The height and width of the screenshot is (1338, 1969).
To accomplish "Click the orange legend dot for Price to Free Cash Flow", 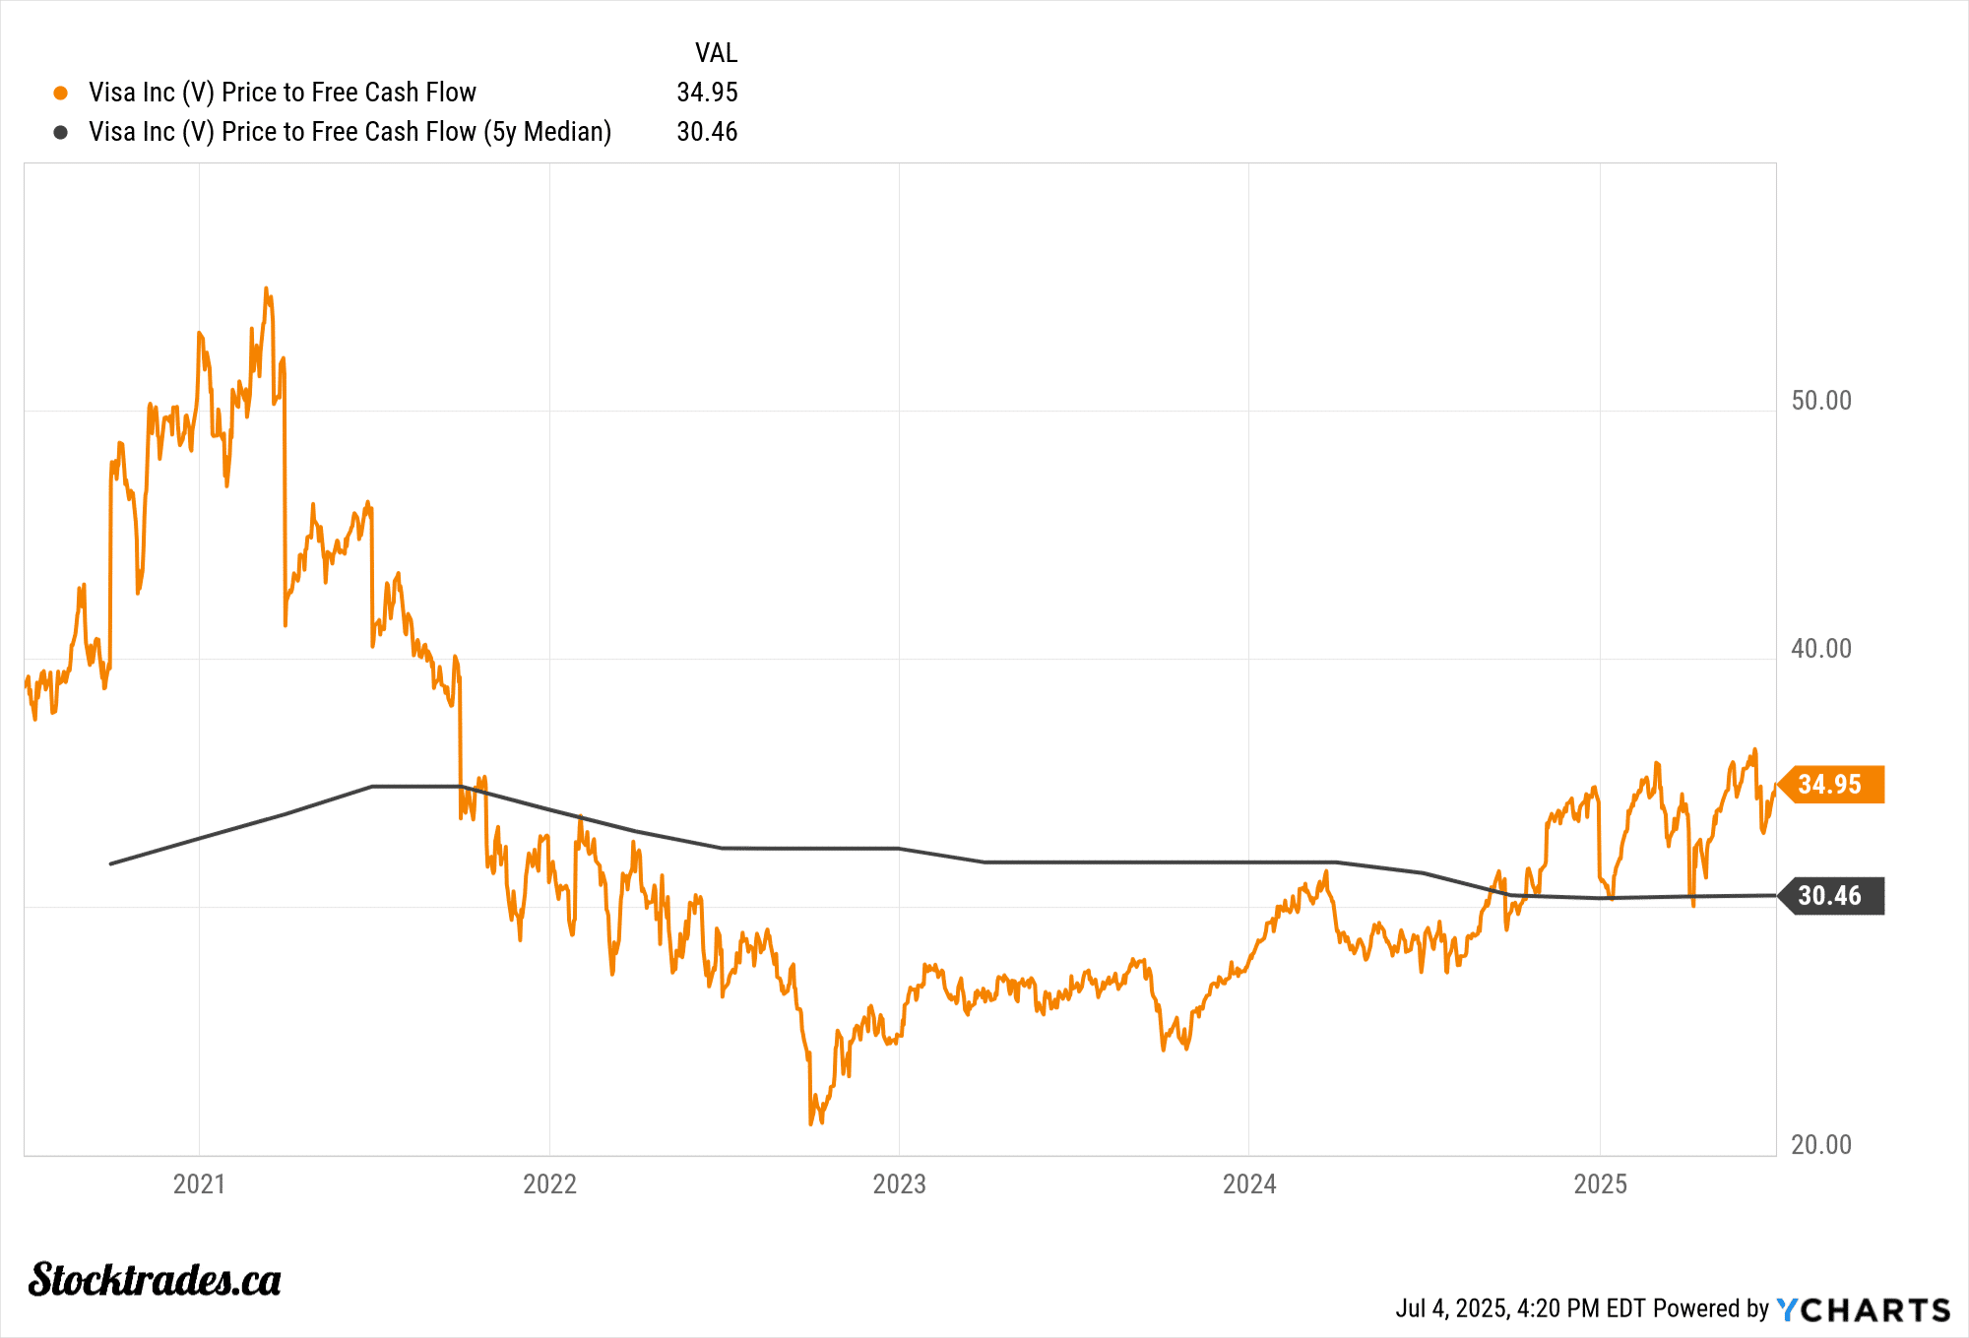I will pos(61,93).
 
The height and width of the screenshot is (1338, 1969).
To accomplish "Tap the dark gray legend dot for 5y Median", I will pos(61,132).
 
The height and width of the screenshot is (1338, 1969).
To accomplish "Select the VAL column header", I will pos(716,53).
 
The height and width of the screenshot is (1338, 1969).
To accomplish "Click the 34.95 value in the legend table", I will pos(707,93).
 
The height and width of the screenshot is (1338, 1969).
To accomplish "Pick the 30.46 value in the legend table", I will pos(707,132).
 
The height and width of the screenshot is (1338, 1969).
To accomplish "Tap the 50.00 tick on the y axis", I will pos(1820,401).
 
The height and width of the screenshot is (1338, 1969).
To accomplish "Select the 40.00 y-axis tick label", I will pos(1820,649).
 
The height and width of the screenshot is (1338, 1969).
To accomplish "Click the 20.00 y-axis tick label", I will pos(1820,1145).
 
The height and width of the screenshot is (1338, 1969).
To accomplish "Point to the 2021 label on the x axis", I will pos(199,1183).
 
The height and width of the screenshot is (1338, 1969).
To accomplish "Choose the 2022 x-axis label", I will pos(549,1183).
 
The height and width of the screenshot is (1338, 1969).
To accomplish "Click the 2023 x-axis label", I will pos(899,1183).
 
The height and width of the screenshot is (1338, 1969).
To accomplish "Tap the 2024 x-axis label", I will pos(1249,1183).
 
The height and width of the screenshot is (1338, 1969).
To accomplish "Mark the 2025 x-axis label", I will pos(1600,1183).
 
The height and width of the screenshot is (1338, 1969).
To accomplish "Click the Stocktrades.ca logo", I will pos(155,1280).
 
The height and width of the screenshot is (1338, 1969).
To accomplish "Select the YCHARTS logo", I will pos(1863,1309).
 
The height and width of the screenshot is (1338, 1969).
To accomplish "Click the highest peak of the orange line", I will pos(266,288).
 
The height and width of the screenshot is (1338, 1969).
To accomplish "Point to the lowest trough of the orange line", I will pos(811,1123).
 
